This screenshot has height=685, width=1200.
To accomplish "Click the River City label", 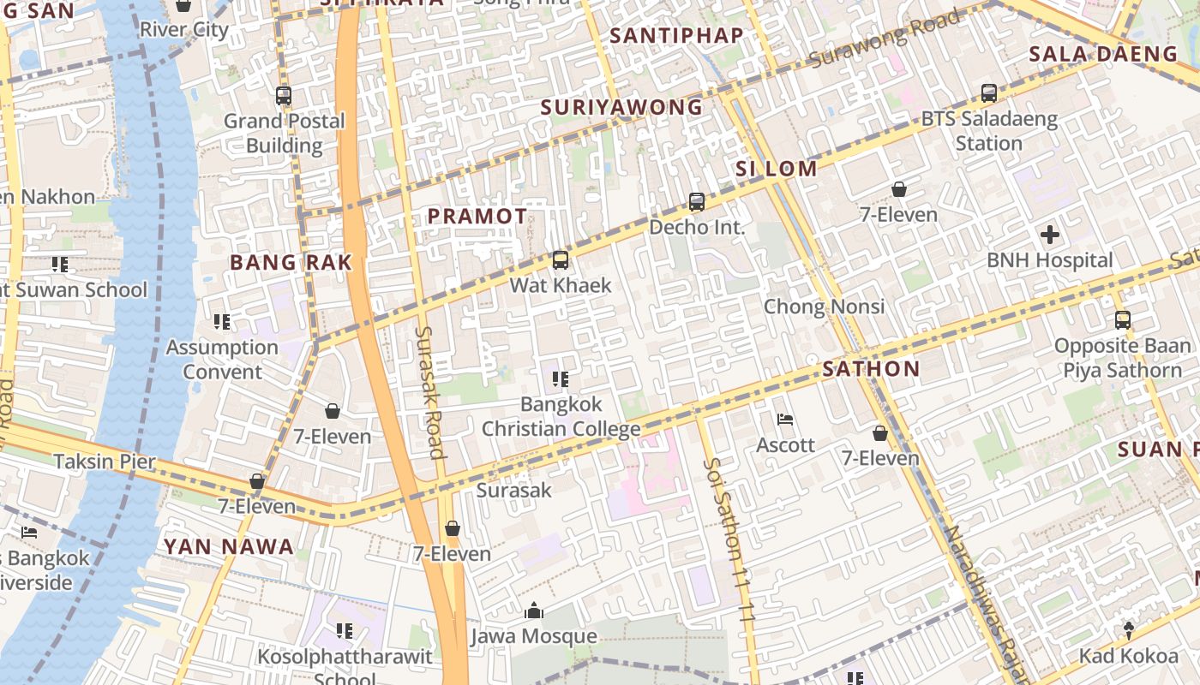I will click(184, 30).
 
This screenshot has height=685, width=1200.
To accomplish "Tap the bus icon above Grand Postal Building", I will click(284, 96).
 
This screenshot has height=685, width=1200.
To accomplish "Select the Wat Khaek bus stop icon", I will click(561, 259).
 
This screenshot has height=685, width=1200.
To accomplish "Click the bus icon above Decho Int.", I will click(697, 202).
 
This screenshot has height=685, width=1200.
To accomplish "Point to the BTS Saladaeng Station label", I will click(989, 131).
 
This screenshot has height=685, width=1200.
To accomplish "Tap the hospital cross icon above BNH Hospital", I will click(1049, 235).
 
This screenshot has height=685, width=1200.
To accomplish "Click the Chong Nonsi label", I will click(824, 307).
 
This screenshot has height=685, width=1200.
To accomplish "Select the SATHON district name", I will click(871, 370).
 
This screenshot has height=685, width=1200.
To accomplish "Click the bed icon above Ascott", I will click(785, 420).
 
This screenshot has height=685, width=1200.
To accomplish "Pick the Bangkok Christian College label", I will click(561, 416).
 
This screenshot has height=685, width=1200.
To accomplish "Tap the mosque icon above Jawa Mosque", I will click(534, 611).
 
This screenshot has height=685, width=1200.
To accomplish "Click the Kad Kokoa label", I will click(1128, 657).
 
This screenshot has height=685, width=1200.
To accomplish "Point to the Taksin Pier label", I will click(105, 462).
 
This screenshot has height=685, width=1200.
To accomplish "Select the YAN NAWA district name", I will click(229, 546).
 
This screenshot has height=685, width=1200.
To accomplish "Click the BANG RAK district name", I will click(291, 263).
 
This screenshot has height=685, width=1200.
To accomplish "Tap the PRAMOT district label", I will click(477, 217).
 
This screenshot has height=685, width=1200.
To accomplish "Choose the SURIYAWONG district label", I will click(621, 108).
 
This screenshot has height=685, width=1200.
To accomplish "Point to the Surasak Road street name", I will click(429, 392).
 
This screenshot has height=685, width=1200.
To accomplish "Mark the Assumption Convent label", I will click(222, 360).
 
